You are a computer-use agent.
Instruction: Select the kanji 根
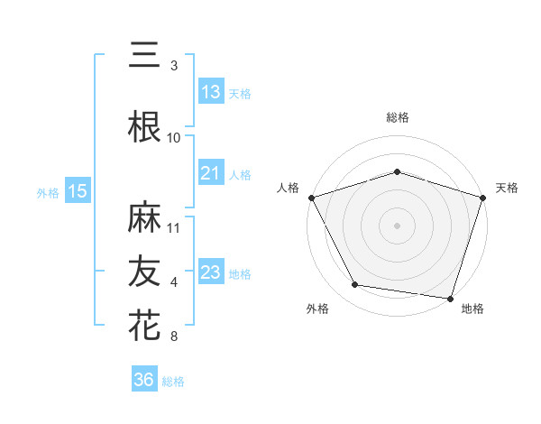(144, 127)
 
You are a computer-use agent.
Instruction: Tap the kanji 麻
(144, 217)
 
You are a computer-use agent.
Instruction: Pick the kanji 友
(144, 271)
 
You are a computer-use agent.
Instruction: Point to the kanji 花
(144, 325)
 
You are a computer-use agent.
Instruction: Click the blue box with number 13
(211, 92)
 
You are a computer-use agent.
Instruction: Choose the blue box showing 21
(211, 173)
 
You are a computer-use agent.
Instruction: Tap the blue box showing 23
(211, 272)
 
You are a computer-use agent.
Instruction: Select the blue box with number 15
(78, 191)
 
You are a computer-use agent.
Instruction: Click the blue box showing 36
(144, 380)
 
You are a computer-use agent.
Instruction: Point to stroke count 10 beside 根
(174, 137)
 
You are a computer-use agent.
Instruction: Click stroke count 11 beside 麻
(174, 227)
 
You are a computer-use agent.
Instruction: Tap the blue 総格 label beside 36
(173, 382)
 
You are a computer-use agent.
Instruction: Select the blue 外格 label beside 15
(48, 192)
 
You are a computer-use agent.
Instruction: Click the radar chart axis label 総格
(397, 117)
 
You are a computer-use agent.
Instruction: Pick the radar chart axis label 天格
(507, 188)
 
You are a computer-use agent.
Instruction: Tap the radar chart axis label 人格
(288, 188)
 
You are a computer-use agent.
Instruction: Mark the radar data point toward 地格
(450, 298)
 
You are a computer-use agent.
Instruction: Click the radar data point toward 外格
(355, 285)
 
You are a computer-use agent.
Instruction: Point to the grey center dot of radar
(397, 226)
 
